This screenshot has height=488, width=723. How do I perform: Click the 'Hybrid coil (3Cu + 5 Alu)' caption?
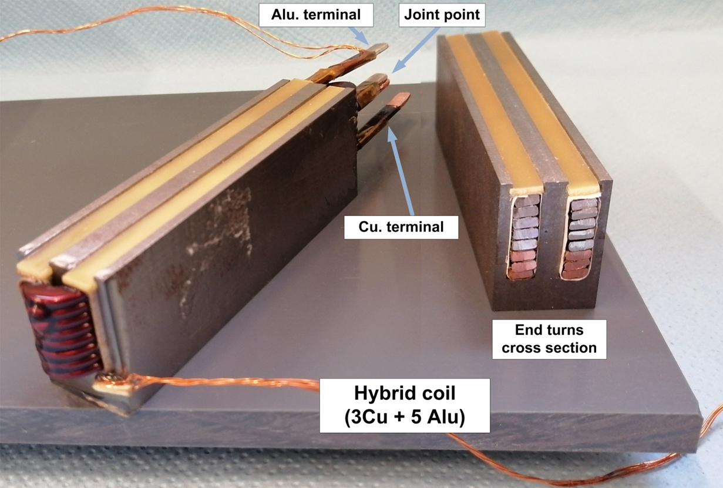tap(404, 405)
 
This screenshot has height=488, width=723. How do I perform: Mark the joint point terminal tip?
tap(381, 78)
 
